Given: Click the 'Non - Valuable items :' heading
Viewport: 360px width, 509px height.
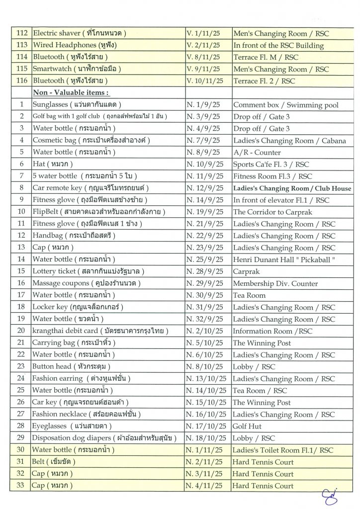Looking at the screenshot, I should (x=71, y=92).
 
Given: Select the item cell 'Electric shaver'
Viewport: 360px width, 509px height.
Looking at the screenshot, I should (x=79, y=33).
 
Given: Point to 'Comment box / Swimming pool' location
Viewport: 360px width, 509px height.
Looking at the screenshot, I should (x=285, y=105).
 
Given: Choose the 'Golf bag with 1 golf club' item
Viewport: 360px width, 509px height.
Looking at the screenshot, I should (x=99, y=117).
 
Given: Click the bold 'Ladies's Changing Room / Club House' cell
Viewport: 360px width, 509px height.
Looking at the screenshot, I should (x=292, y=188).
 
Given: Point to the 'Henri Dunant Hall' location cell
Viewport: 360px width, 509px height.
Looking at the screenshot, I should (x=282, y=259).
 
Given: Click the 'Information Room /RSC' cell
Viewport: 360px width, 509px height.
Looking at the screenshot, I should (x=272, y=331).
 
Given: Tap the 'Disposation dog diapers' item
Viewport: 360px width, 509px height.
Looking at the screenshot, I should (x=105, y=438).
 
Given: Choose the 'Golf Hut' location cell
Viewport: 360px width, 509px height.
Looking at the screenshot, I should (x=247, y=426).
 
